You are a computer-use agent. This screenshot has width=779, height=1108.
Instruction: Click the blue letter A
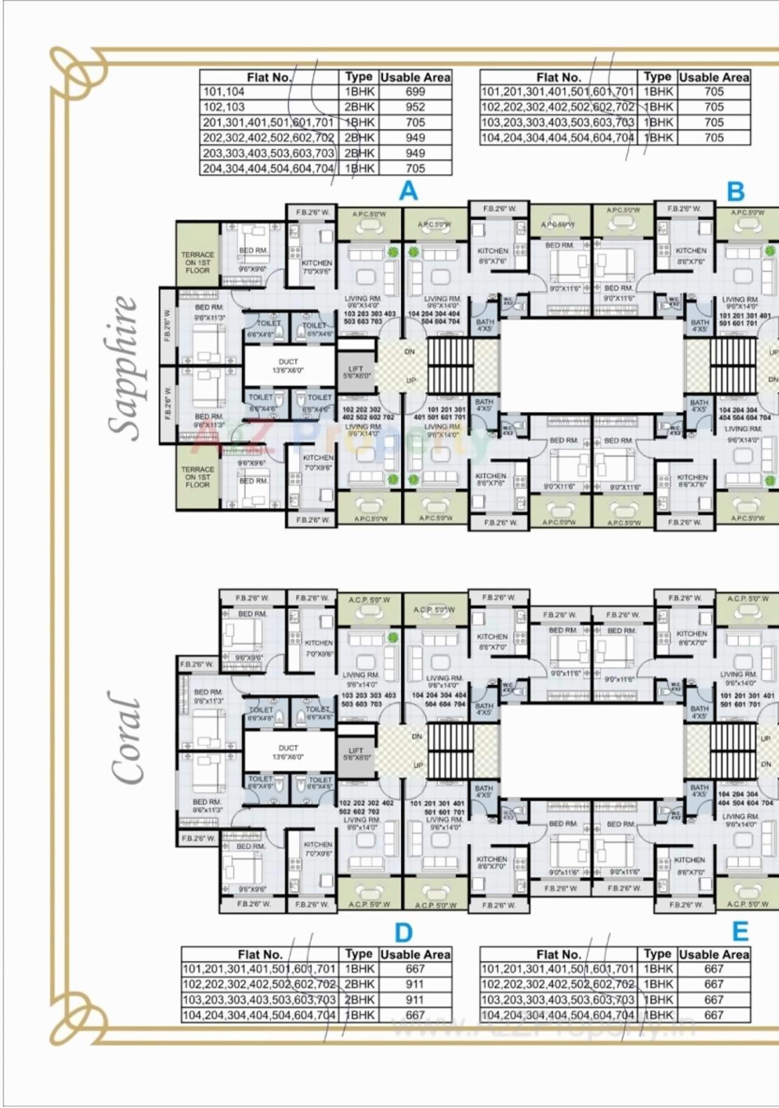(408, 191)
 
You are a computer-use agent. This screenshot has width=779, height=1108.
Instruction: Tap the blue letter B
(735, 191)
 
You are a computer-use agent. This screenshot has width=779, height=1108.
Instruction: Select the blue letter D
(403, 932)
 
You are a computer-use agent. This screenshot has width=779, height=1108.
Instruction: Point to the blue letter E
(739, 931)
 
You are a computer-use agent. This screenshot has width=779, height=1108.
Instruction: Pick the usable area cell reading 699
(415, 92)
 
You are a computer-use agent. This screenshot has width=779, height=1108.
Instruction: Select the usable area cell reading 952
(415, 107)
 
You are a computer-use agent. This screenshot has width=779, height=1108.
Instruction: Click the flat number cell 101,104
(224, 92)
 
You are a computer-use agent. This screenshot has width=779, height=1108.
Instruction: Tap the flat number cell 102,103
(224, 107)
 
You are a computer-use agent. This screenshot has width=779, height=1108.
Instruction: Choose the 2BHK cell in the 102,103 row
(359, 107)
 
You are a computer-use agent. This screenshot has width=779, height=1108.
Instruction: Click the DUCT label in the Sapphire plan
(288, 365)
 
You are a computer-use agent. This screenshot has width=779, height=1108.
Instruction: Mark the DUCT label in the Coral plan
(288, 752)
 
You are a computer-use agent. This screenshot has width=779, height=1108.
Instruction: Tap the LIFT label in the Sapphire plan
(356, 372)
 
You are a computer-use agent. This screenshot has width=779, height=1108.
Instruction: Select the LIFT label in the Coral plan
(356, 754)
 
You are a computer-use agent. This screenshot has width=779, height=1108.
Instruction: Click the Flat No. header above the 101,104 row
(269, 77)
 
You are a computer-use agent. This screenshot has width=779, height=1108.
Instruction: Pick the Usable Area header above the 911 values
(415, 955)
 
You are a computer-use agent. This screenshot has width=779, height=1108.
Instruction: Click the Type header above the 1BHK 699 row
(358, 77)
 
